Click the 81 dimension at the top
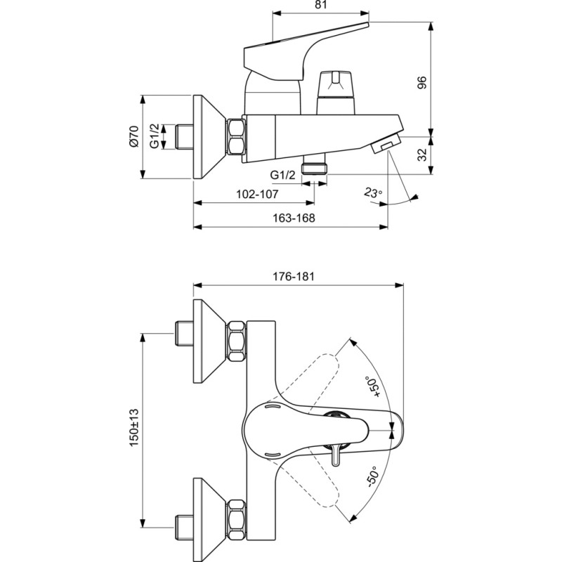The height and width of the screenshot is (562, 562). click(x=321, y=5)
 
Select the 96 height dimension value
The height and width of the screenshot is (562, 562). click(x=423, y=82)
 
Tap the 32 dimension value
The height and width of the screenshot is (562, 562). click(x=423, y=155)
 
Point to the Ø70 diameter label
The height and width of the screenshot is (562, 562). click(x=133, y=136)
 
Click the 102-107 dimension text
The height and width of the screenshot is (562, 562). click(x=257, y=195)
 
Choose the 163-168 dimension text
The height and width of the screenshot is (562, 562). click(x=294, y=218)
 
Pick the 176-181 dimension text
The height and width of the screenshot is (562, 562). click(x=293, y=277)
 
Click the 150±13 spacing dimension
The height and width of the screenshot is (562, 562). click(x=133, y=428)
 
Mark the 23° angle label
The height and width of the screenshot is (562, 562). click(x=373, y=192)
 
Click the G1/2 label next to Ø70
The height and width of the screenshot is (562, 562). click(x=154, y=136)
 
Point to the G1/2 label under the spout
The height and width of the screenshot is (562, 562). click(x=283, y=175)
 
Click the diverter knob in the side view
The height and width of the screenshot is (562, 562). click(x=336, y=93)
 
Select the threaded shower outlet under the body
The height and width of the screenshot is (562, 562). click(x=314, y=164)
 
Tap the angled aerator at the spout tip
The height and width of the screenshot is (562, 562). click(x=386, y=143)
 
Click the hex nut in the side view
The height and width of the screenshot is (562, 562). click(x=236, y=137)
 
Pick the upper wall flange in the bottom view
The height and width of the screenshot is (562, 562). click(x=209, y=341)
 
